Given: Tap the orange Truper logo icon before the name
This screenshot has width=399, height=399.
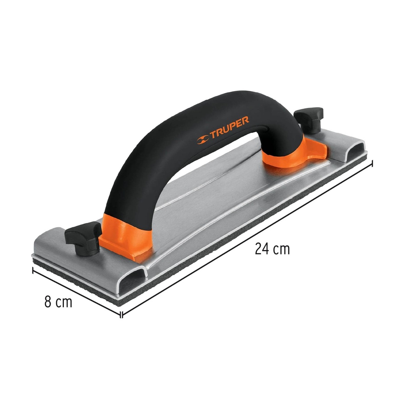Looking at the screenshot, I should (x=203, y=138).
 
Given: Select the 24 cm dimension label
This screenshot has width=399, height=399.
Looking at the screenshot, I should (x=272, y=249).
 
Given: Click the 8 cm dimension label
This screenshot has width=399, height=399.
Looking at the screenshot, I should (x=58, y=302).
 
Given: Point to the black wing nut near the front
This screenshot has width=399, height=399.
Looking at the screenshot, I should (x=83, y=237).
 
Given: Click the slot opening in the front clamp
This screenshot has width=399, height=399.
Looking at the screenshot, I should (x=132, y=279).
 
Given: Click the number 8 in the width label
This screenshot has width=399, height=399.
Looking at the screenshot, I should (x=48, y=302).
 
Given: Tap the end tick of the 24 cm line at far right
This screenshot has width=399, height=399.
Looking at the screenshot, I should (x=373, y=163).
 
